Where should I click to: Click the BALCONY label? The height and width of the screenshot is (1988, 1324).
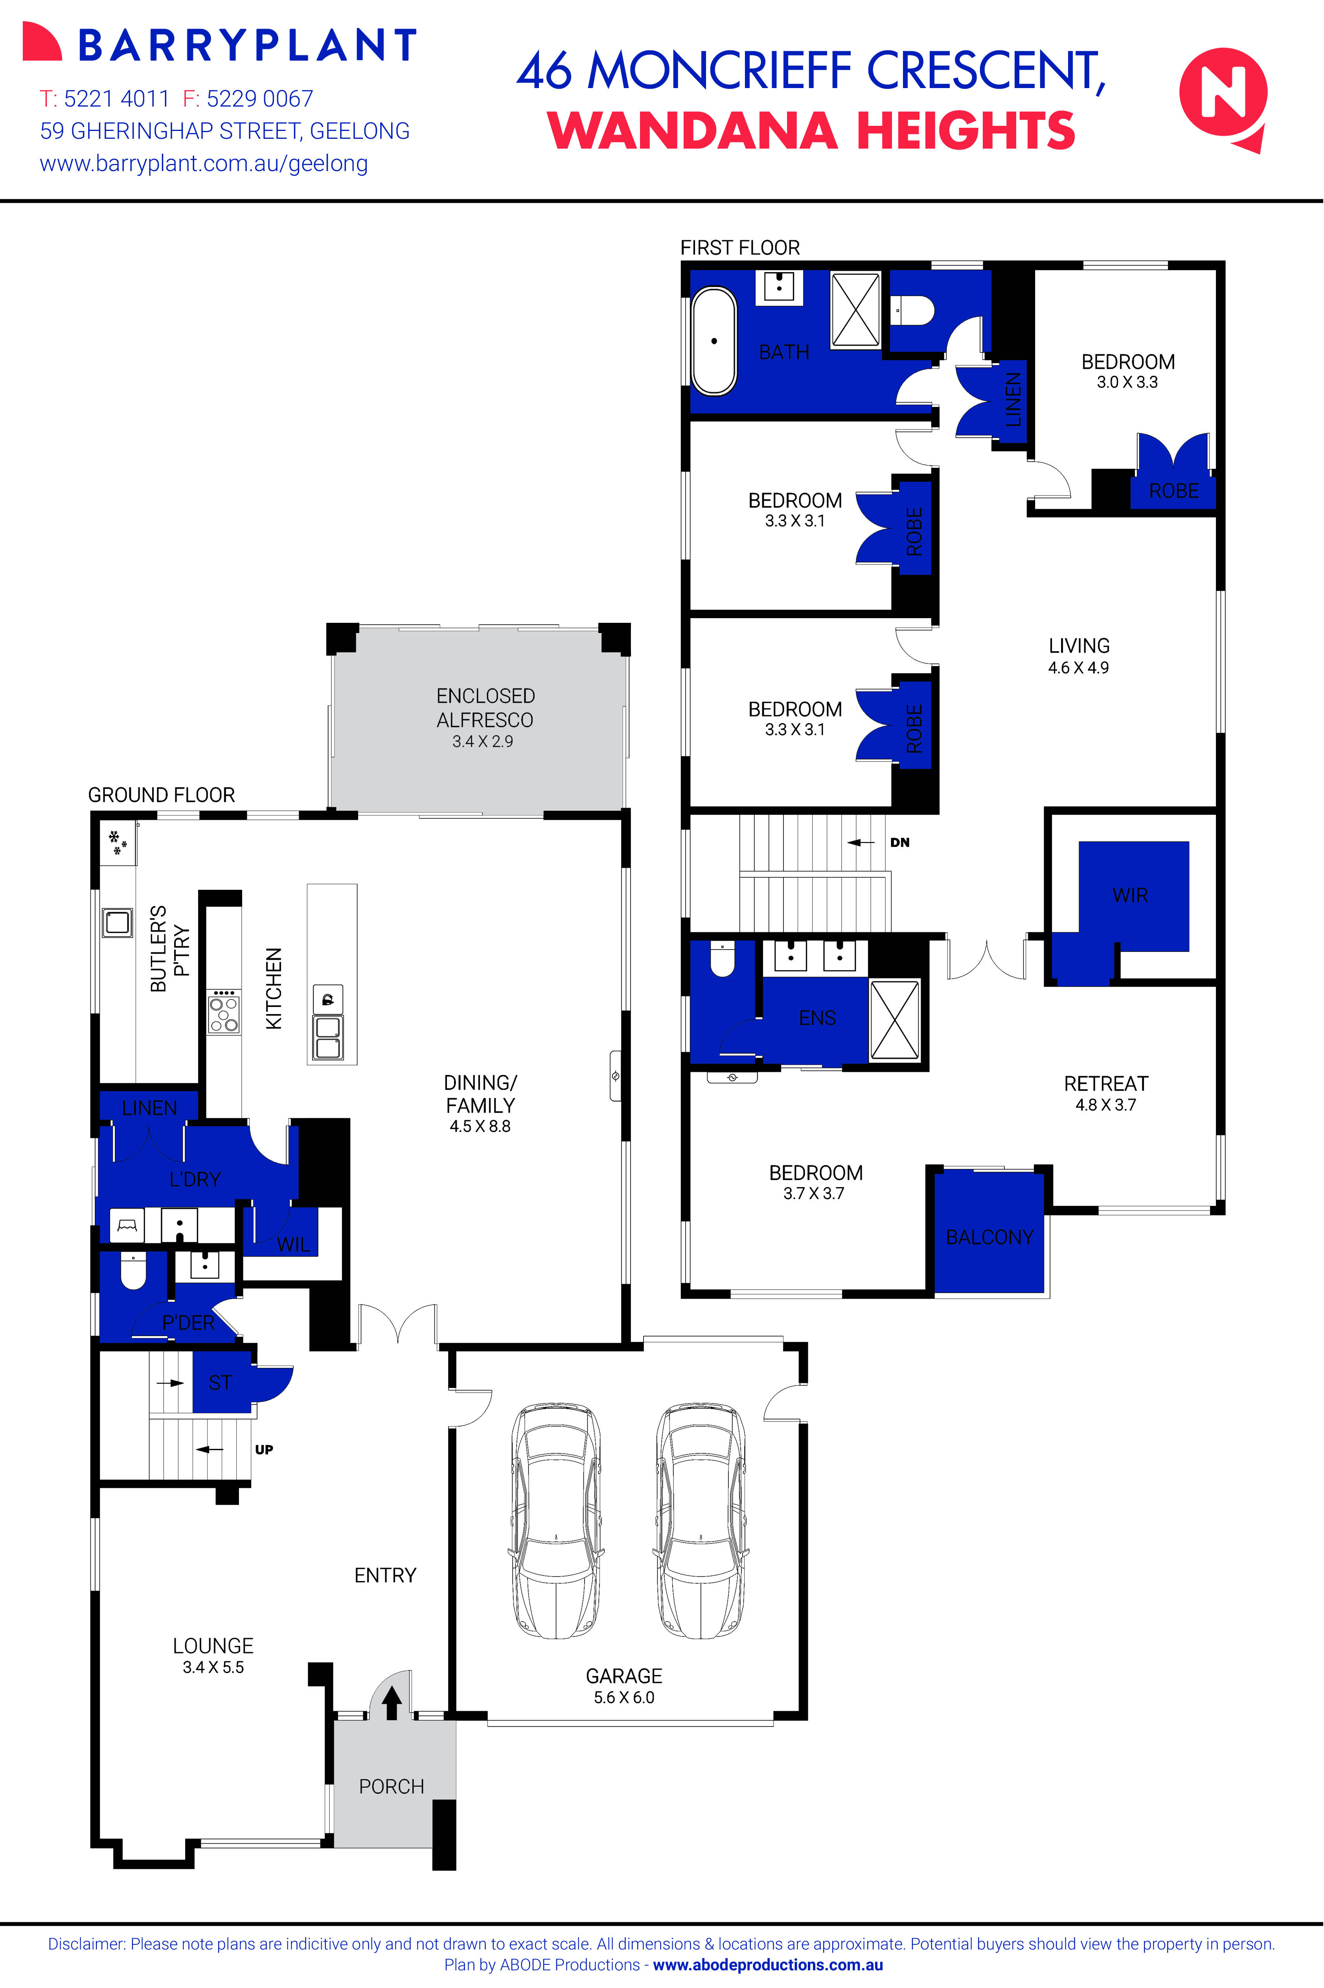pos(989,1237)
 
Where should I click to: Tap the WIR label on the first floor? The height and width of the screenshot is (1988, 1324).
pos(1130,895)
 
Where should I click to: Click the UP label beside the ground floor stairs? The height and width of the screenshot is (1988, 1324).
pos(264,1450)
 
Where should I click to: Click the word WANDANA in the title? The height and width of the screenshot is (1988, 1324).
pos(692,132)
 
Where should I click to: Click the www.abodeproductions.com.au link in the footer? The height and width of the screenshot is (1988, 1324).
pos(767,1965)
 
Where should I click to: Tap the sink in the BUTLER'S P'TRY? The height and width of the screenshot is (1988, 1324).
pos(118,922)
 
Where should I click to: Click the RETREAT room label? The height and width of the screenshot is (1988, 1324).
pos(1105,1084)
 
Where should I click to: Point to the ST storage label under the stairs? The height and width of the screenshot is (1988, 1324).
pos(219,1382)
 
